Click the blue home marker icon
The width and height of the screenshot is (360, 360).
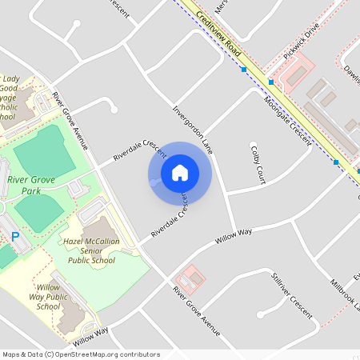tap(180, 173)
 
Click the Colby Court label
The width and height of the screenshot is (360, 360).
tap(258, 166)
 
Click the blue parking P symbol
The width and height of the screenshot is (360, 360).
tap(14, 237)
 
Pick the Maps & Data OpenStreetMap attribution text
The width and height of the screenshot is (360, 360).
tap(81, 354)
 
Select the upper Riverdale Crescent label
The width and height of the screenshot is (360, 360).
tap(139, 149)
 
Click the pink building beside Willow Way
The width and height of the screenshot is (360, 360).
tap(191, 280)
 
